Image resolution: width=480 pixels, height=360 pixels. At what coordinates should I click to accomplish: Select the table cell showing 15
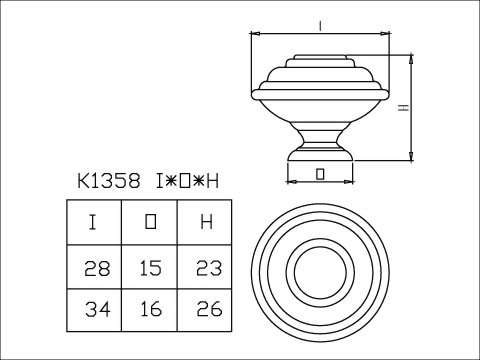coord(150,268)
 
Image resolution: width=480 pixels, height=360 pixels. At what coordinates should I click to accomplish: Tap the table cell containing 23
coord(206,268)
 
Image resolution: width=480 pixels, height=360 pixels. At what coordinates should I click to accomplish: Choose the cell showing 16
coord(150,312)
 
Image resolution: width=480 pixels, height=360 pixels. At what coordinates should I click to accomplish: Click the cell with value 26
coord(206,312)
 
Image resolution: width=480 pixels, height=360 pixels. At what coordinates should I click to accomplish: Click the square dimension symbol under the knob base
coord(319,173)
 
